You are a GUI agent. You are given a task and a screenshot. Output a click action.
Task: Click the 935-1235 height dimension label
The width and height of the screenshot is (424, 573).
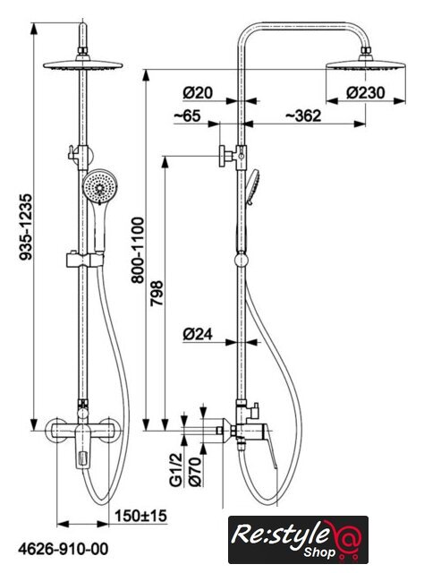tap(26, 227)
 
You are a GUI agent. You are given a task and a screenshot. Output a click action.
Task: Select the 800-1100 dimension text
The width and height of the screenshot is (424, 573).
tap(138, 251)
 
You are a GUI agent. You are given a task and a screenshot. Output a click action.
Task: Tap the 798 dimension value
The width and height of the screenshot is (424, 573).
tap(157, 293)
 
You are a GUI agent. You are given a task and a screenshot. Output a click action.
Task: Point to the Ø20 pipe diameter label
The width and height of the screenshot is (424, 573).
tap(198, 93)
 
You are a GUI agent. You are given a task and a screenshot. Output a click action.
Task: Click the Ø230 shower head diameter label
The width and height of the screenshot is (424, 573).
tap(365, 93)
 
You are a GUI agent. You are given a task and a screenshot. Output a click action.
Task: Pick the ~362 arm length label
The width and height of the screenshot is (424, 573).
tap(303, 115)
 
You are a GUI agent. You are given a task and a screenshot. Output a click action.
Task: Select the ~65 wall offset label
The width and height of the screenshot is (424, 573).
tap(187, 115)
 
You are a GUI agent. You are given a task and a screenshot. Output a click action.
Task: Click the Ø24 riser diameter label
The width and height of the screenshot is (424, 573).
tap(198, 334)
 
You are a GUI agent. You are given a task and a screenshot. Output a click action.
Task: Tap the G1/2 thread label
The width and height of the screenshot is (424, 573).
tap(176, 469)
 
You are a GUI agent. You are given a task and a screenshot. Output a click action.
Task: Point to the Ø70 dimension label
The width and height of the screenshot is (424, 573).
tap(195, 472)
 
